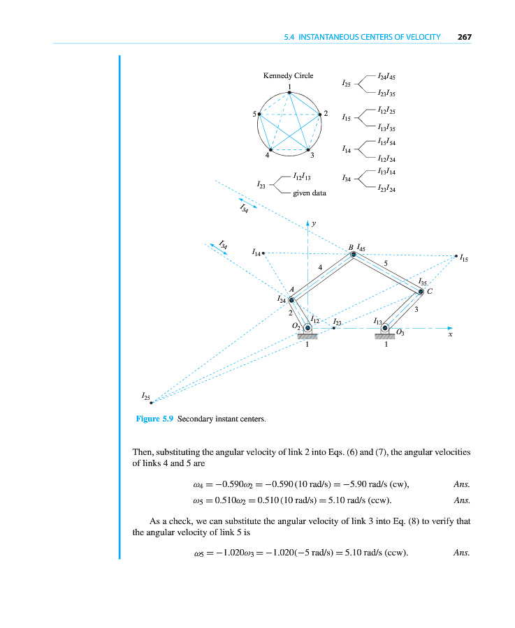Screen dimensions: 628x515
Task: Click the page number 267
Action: coord(464,37)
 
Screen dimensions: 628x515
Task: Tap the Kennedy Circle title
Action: coord(288,75)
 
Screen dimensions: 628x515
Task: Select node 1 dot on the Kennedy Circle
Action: coord(289,92)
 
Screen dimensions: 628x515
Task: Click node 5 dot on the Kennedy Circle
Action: coord(259,114)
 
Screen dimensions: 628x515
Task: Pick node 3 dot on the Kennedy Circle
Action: coord(308,149)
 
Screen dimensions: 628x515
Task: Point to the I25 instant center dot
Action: coord(152,403)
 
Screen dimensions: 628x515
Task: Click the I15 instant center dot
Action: coord(456,256)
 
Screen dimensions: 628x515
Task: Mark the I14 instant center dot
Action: coord(263,253)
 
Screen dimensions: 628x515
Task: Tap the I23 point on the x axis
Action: coord(334,328)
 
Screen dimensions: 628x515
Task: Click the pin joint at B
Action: coord(354,255)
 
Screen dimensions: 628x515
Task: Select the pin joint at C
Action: coord(421,292)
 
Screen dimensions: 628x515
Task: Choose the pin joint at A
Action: coord(292,299)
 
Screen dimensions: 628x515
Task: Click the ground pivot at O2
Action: coord(307,328)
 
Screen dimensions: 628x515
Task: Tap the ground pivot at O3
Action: coord(385,328)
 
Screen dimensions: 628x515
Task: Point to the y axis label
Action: coord(314,223)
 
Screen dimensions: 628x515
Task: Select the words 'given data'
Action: coord(309,193)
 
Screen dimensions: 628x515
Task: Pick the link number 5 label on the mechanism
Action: coord(386,263)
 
